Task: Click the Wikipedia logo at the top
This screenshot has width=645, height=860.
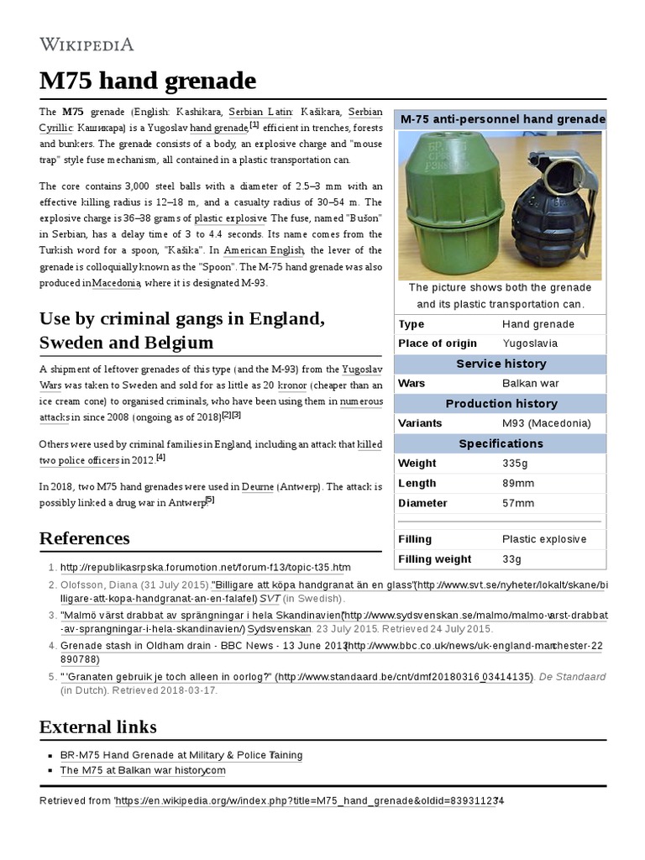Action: click(x=87, y=44)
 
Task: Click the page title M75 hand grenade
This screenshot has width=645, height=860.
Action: click(x=148, y=81)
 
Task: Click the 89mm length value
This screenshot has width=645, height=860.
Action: click(x=517, y=483)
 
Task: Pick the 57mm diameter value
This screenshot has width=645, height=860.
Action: click(x=517, y=503)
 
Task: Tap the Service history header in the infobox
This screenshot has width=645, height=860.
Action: click(x=501, y=364)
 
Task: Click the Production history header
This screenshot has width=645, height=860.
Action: click(x=501, y=403)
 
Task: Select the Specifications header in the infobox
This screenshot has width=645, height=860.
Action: click(x=501, y=443)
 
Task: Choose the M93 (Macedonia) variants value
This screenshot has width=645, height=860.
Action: click(x=546, y=423)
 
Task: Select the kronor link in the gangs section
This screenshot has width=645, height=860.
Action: click(x=291, y=385)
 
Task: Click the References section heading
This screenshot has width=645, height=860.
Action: click(x=85, y=538)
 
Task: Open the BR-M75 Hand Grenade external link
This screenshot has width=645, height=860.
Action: click(x=181, y=755)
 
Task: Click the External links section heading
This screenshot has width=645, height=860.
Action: click(x=97, y=726)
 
